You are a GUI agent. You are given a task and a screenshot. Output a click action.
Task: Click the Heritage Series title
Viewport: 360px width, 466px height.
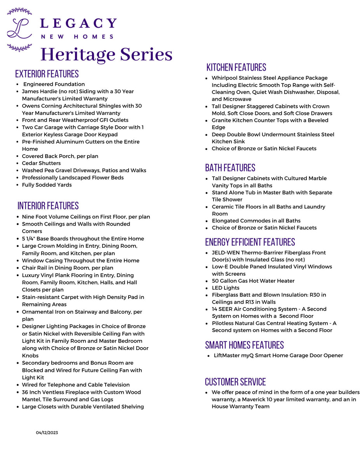pyautogui.click(x=106, y=54)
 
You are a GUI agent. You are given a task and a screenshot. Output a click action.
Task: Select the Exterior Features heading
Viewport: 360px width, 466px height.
pyautogui.click(x=47, y=74)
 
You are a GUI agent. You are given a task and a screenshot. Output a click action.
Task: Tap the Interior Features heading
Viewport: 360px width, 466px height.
pyautogui.click(x=48, y=206)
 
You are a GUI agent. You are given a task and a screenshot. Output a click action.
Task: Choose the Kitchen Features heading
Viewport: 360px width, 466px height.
pyautogui.click(x=236, y=68)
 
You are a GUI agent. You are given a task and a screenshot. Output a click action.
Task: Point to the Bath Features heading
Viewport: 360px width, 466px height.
pyautogui.click(x=230, y=168)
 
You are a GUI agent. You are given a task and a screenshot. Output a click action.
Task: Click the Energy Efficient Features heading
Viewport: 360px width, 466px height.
pyautogui.click(x=250, y=242)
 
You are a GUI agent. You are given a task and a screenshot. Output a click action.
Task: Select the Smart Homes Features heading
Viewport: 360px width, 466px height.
pyautogui.click(x=244, y=345)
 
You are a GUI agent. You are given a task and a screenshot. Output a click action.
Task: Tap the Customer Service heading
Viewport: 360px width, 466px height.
pyautogui.click(x=235, y=382)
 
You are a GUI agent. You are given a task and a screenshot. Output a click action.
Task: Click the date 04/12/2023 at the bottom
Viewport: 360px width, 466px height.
pyautogui.click(x=47, y=433)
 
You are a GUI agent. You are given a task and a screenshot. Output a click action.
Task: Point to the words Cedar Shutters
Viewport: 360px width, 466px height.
pyautogui.click(x=41, y=163)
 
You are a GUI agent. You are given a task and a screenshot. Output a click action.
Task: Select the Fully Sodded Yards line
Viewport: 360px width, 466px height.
pyautogui.click(x=47, y=185)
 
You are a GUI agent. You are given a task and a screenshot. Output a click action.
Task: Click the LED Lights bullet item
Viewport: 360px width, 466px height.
pyautogui.click(x=226, y=288)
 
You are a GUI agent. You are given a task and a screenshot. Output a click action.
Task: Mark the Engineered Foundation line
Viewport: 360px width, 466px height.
pyautogui.click(x=54, y=84)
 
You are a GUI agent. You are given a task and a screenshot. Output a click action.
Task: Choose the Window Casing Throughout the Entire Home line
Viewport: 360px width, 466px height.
pyautogui.click(x=80, y=261)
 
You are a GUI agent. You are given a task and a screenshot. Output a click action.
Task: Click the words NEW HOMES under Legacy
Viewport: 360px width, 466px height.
pyautogui.click(x=77, y=37)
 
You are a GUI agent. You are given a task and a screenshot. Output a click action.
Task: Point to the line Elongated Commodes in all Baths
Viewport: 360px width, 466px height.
pyautogui.click(x=256, y=221)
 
